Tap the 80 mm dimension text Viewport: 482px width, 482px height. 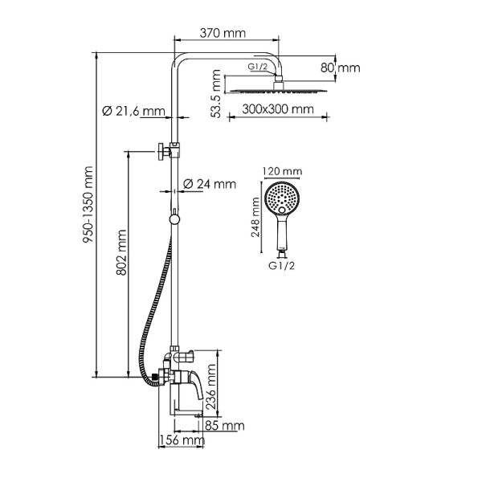pyautogui.click(x=341, y=68)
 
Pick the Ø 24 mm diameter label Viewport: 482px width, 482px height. pyautogui.click(x=210, y=184)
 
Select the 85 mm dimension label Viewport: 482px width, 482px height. pyautogui.click(x=224, y=425)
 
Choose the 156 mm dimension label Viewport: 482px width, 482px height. pyautogui.click(x=181, y=440)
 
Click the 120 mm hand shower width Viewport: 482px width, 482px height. pyautogui.click(x=282, y=171)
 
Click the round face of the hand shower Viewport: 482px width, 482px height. pyautogui.click(x=281, y=196)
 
